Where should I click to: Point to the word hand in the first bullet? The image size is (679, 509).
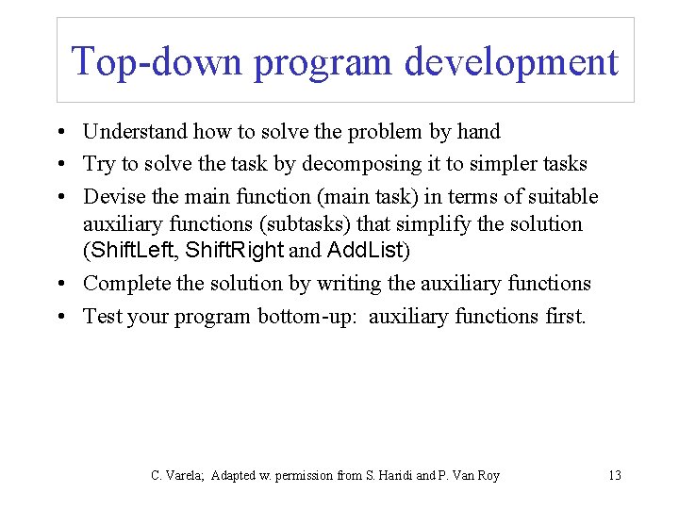coord(478,132)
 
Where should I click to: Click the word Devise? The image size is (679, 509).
coord(110,196)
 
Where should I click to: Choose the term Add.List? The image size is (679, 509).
coord(364,251)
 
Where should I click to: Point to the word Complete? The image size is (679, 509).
coord(124,284)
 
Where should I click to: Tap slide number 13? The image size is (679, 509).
coord(614,476)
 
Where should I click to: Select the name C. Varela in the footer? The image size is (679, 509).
coord(178,476)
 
